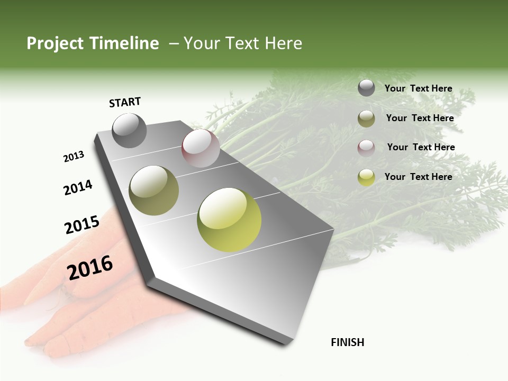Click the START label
[x=125, y=102]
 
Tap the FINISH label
[x=347, y=342]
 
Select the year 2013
[x=74, y=157]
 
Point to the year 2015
[x=82, y=225]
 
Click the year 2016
[x=90, y=268]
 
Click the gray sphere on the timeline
[x=129, y=130]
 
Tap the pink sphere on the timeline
[x=201, y=148]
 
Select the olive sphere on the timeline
[x=154, y=190]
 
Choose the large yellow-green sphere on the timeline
[x=229, y=220]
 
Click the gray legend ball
[x=366, y=88]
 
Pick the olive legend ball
[x=366, y=119]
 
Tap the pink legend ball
[x=366, y=148]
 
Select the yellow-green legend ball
[x=366, y=177]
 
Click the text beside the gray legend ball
[x=418, y=88]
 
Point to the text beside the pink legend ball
[x=421, y=147]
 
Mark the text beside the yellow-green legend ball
[x=418, y=177]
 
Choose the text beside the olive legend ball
[x=420, y=118]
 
